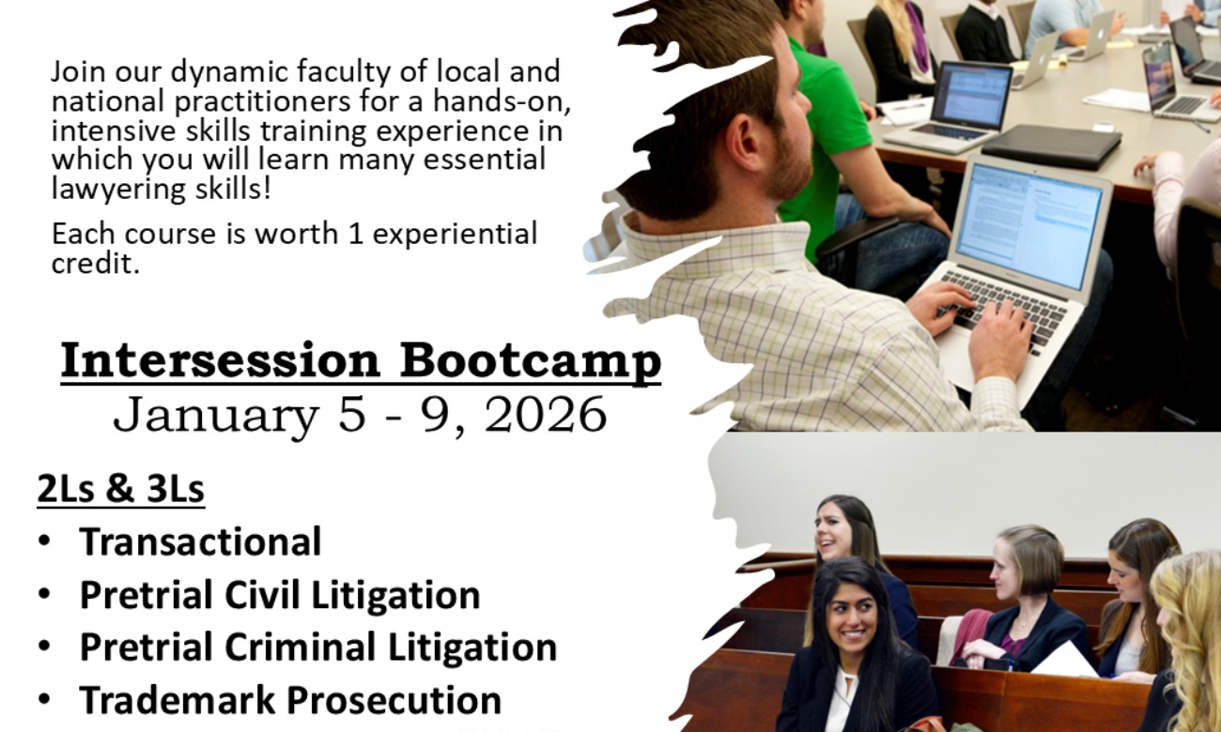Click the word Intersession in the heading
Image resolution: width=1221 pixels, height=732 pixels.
220,360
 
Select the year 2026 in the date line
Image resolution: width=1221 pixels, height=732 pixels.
545,415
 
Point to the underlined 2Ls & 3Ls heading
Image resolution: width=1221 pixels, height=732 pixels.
121,489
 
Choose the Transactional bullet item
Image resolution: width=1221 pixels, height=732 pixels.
201,541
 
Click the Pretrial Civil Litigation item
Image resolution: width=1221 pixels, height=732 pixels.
280,596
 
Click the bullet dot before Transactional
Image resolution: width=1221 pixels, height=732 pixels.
45,541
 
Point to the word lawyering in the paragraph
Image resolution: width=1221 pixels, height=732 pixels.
119,191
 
